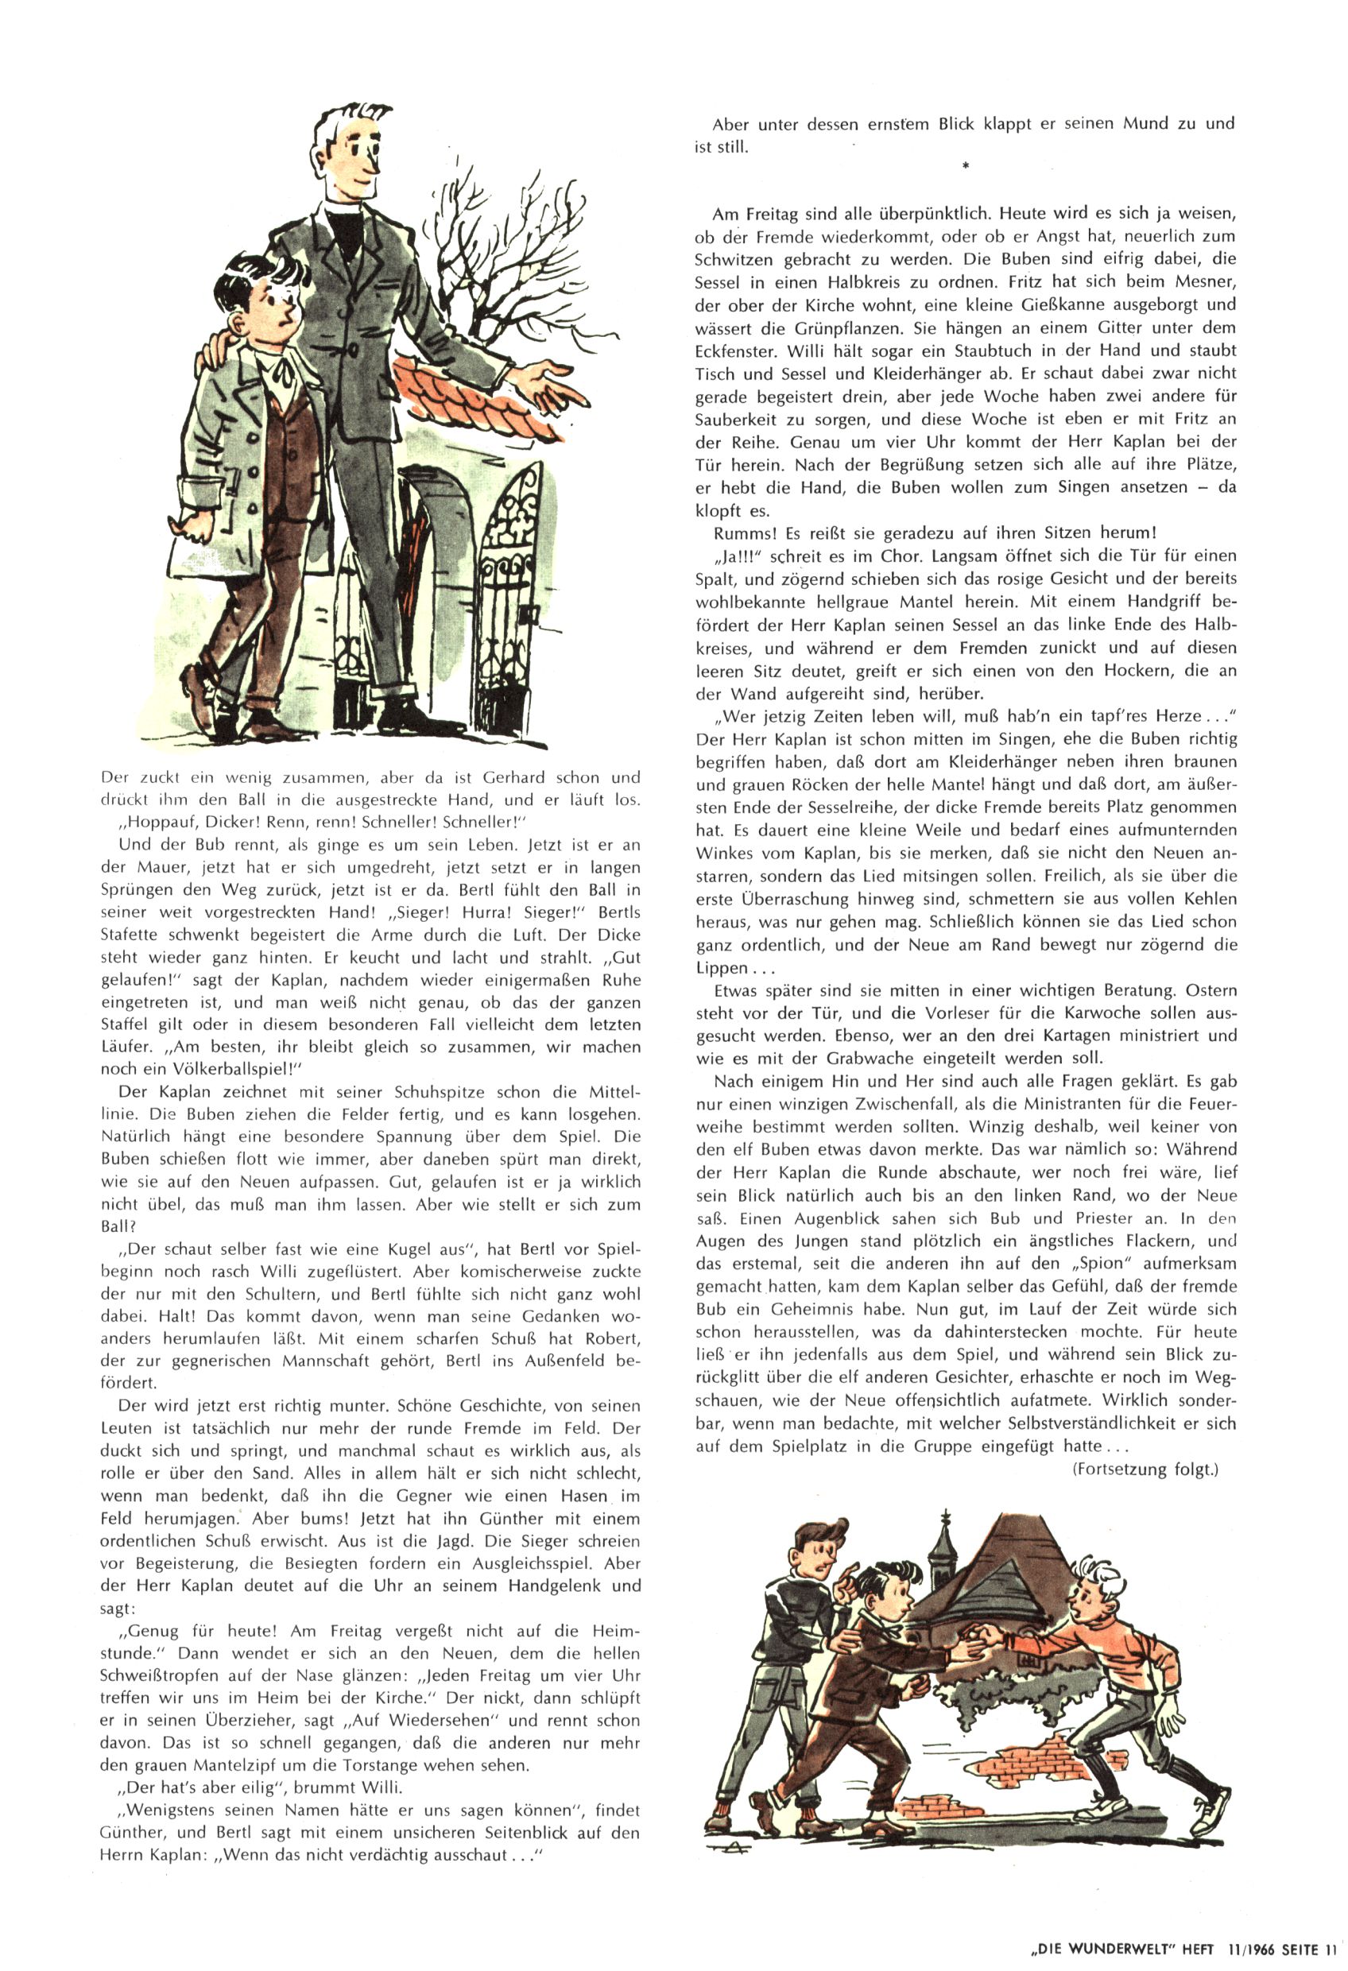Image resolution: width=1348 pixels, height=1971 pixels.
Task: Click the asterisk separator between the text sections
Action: [966, 166]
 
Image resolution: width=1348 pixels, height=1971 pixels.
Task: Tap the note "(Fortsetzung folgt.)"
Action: [1145, 1470]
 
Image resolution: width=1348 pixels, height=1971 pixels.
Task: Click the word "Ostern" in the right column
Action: [1210, 990]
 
